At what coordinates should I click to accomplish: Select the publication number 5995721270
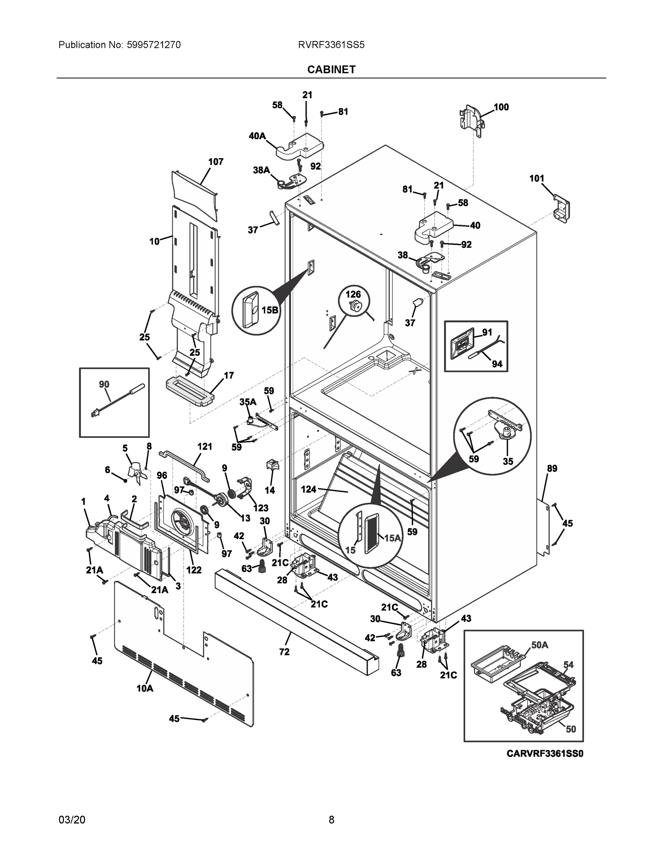154,45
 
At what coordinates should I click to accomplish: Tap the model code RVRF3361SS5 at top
331,45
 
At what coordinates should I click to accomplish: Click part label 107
216,162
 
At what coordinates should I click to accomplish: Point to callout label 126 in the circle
353,294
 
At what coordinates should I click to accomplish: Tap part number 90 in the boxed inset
104,385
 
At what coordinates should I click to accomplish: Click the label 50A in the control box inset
540,645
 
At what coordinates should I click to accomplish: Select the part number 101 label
536,179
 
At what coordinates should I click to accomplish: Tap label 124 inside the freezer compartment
309,489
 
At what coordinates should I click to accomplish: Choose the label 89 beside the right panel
552,468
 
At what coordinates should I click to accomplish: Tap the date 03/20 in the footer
72,820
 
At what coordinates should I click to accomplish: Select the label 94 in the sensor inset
497,364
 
